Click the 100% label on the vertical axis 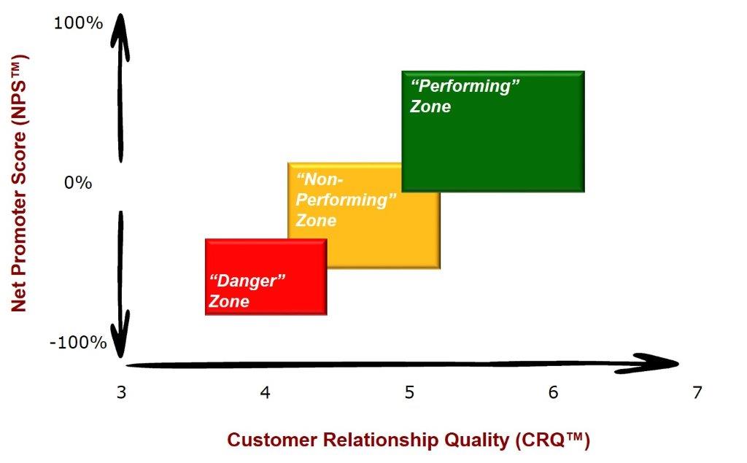[78, 23]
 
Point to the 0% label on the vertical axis [78, 182]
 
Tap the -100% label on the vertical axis [78, 342]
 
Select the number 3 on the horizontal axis [122, 392]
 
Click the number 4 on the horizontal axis [265, 392]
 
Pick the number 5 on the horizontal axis [409, 392]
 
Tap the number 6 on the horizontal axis [553, 392]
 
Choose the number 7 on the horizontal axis [697, 392]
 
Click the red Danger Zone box [266, 277]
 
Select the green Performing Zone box [493, 131]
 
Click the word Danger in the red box [247, 281]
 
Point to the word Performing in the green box [465, 86]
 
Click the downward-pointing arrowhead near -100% [120, 333]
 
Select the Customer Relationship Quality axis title [409, 440]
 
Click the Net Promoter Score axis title [20, 184]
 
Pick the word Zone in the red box [229, 301]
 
